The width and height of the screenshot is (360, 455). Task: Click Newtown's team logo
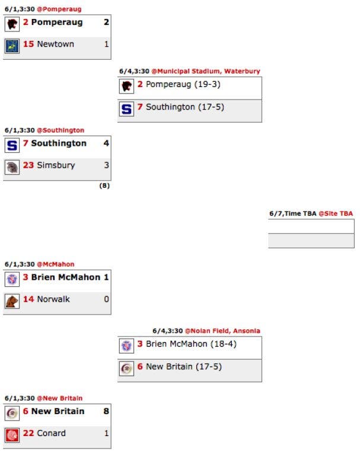12,46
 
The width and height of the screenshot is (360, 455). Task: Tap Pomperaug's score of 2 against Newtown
106,22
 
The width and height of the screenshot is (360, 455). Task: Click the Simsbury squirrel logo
12,167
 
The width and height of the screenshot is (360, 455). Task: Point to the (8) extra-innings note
104,185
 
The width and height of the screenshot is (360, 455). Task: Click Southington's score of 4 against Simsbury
106,143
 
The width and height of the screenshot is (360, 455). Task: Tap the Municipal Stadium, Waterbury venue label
206,71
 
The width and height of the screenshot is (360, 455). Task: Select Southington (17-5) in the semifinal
185,107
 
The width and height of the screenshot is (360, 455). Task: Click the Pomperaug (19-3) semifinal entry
183,84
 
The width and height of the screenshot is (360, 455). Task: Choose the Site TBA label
336,213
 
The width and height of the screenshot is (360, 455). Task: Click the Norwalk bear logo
12,301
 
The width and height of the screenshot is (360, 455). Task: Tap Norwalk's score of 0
106,299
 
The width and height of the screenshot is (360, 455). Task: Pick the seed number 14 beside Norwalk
28,299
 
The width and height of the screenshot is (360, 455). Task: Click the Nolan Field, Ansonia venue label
222,331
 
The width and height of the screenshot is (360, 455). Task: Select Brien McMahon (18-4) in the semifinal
191,344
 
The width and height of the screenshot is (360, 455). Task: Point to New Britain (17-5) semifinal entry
184,367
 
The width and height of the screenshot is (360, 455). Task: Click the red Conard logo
12,435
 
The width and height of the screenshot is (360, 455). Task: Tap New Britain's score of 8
106,411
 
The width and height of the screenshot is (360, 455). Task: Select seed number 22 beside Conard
28,433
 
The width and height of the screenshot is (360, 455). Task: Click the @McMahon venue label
56,264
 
